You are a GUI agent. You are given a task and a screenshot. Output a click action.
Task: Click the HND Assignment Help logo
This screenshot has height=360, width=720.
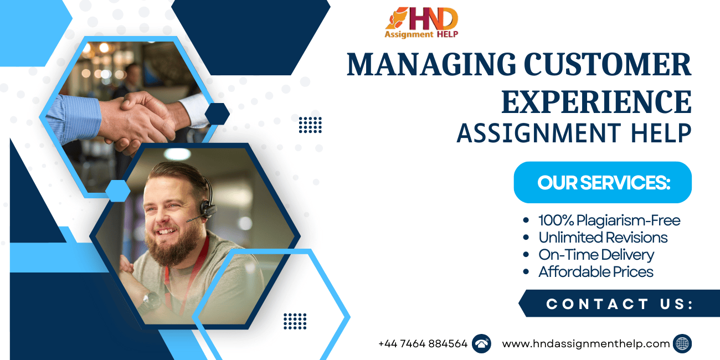421,23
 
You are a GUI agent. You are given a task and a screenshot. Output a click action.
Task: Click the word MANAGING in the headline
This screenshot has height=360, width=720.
431,65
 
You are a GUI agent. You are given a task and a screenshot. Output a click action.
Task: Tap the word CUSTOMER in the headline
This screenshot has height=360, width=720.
608,64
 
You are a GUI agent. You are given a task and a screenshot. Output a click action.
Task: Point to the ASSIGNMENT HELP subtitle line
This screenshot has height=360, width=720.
574,133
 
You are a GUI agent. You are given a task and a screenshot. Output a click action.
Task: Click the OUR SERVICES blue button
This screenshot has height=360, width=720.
603,182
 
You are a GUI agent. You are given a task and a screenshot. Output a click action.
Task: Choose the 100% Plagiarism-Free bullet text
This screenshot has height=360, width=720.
609,220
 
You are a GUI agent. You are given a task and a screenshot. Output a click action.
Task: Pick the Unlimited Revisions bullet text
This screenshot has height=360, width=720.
603,238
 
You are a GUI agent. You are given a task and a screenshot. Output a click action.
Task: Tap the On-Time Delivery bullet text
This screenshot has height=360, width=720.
596,255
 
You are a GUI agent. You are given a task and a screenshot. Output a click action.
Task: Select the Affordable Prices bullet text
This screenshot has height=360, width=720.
596,272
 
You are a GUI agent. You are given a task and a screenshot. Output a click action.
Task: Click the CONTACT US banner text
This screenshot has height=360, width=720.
619,304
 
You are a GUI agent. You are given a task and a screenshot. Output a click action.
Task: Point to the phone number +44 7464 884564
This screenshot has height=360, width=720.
423,343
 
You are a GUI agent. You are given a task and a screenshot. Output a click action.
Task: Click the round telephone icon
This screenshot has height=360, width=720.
481,343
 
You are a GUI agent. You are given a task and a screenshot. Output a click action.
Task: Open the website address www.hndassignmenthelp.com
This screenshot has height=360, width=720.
585,343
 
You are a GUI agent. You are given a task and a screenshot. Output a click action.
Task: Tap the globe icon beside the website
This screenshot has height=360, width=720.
682,343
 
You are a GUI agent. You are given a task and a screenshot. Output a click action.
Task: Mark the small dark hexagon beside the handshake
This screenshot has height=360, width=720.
217,114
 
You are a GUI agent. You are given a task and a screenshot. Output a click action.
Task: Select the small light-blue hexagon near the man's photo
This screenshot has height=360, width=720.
118,191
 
